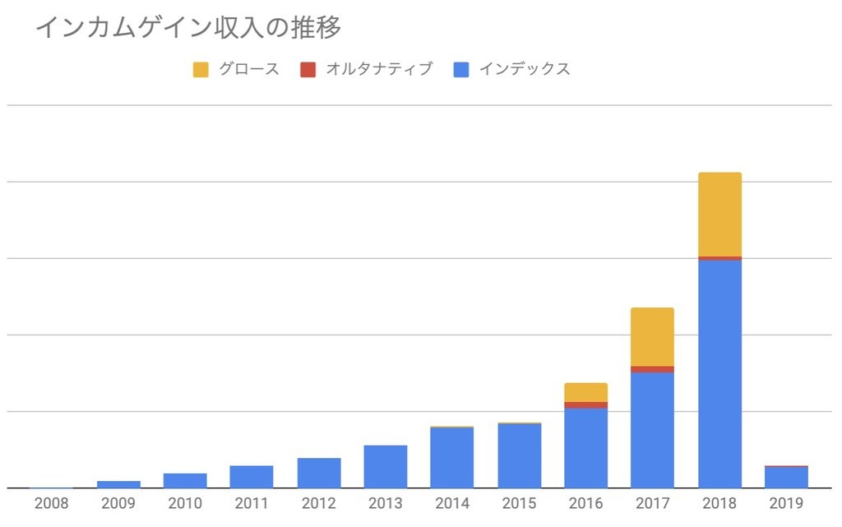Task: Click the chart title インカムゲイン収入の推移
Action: tap(187, 28)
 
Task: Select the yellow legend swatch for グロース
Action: tap(201, 70)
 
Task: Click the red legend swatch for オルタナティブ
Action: tap(308, 70)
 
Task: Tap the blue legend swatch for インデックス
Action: tap(461, 70)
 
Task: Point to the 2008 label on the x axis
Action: tap(51, 503)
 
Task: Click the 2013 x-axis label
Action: tap(385, 503)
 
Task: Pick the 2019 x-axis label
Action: tap(785, 503)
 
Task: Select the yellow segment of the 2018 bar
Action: tap(719, 214)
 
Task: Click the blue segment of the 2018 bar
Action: tap(719, 374)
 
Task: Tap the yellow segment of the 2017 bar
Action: tap(652, 336)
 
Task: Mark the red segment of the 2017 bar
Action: tap(652, 369)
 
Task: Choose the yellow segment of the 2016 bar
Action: tap(585, 392)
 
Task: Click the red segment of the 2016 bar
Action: tap(585, 404)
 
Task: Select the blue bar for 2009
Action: tap(118, 484)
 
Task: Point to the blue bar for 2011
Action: tap(252, 477)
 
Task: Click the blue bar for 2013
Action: tap(385, 466)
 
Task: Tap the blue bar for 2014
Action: tap(451, 458)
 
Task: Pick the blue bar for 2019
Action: tap(786, 478)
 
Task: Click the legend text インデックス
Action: tap(525, 70)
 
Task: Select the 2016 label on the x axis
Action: tap(585, 503)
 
